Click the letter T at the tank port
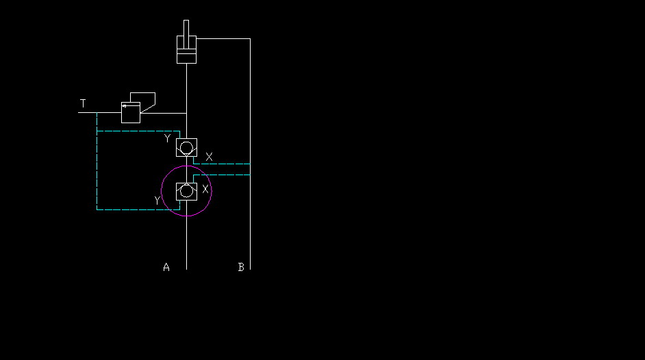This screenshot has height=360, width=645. pyautogui.click(x=83, y=103)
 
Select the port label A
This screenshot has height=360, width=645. pyautogui.click(x=166, y=267)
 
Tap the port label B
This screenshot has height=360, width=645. pyautogui.click(x=241, y=267)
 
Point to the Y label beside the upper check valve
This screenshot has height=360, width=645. pyautogui.click(x=167, y=138)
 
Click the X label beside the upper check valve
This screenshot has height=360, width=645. pyautogui.click(x=209, y=157)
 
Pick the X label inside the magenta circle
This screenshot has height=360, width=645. pyautogui.click(x=205, y=189)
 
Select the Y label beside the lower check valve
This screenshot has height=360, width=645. pyautogui.click(x=157, y=200)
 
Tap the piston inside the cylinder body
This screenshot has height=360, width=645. pyautogui.click(x=186, y=51)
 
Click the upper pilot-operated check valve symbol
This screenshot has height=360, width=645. pyautogui.click(x=186, y=148)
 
